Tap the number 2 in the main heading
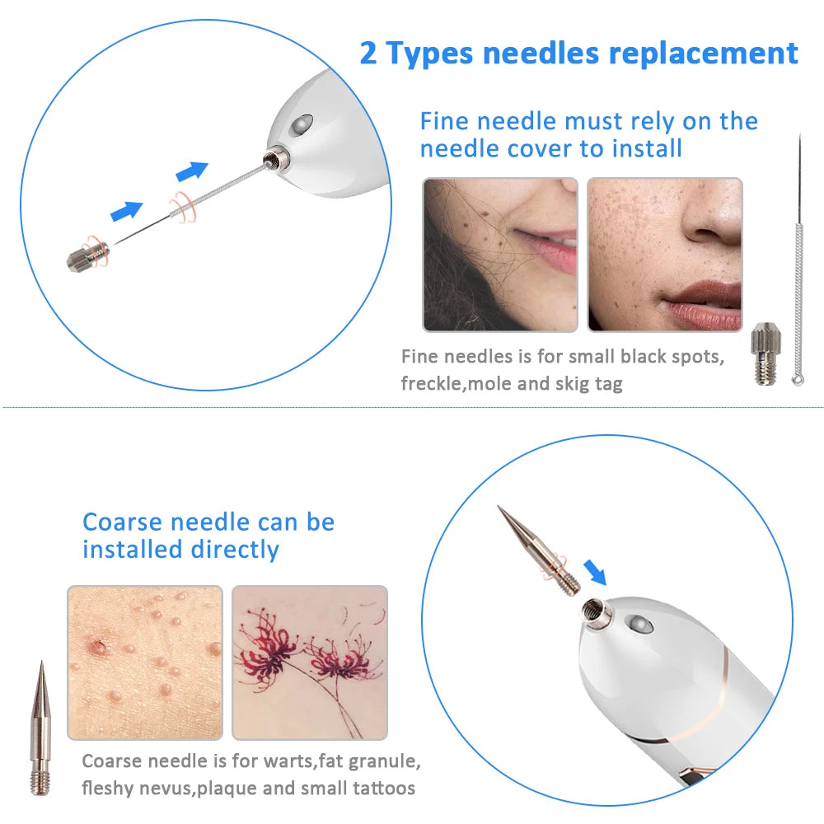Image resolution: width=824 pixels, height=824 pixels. click(x=368, y=54)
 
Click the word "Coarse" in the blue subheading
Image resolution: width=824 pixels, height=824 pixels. click(x=122, y=522)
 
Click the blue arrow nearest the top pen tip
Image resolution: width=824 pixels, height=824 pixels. click(x=192, y=171)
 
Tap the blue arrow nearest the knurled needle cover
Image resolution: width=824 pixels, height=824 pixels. click(x=127, y=210)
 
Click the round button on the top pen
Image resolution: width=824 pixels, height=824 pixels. click(x=302, y=124)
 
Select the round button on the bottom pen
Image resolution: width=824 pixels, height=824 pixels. click(x=641, y=624)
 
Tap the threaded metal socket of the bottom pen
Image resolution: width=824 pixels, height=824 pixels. click(x=595, y=611)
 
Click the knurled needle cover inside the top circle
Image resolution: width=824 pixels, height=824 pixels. click(x=87, y=255)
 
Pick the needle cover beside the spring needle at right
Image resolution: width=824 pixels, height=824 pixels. click(x=765, y=353)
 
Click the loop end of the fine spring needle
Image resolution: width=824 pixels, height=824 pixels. click(x=798, y=378)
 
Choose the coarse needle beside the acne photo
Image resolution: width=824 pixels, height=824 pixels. click(x=40, y=728)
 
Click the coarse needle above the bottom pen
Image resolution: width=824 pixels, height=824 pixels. click(x=538, y=550)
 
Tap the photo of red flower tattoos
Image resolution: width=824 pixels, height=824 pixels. click(x=310, y=662)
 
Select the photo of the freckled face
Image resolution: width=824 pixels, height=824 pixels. click(x=665, y=255)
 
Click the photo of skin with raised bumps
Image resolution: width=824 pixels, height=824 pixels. click(x=145, y=662)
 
